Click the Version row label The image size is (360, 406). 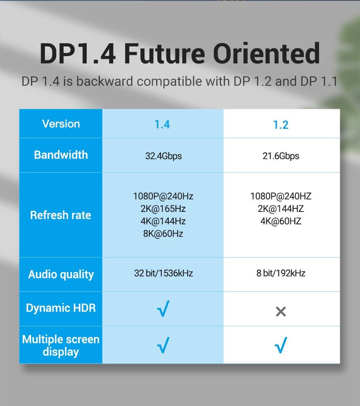pyautogui.click(x=61, y=124)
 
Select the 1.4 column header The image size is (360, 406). pyautogui.click(x=162, y=125)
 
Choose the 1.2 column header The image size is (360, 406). pyautogui.click(x=281, y=125)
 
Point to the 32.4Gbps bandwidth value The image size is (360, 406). pyautogui.click(x=163, y=156)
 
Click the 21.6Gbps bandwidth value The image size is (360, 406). pyautogui.click(x=281, y=156)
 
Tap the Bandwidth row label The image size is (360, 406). pyautogui.click(x=61, y=155)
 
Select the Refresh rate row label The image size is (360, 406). pyautogui.click(x=60, y=215)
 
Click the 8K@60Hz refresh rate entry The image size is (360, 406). pyautogui.click(x=163, y=234)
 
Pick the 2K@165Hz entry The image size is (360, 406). pyautogui.click(x=163, y=209)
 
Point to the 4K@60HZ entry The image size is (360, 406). pyautogui.click(x=281, y=221)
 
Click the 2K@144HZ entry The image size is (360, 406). pyautogui.click(x=281, y=209)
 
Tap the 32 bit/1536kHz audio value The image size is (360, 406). pyautogui.click(x=163, y=273)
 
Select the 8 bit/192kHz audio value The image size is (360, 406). pyautogui.click(x=281, y=273)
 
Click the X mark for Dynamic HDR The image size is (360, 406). pyautogui.click(x=281, y=311)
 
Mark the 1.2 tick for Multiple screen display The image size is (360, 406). pyautogui.click(x=281, y=345)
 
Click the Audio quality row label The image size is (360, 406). pyautogui.click(x=61, y=275)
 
